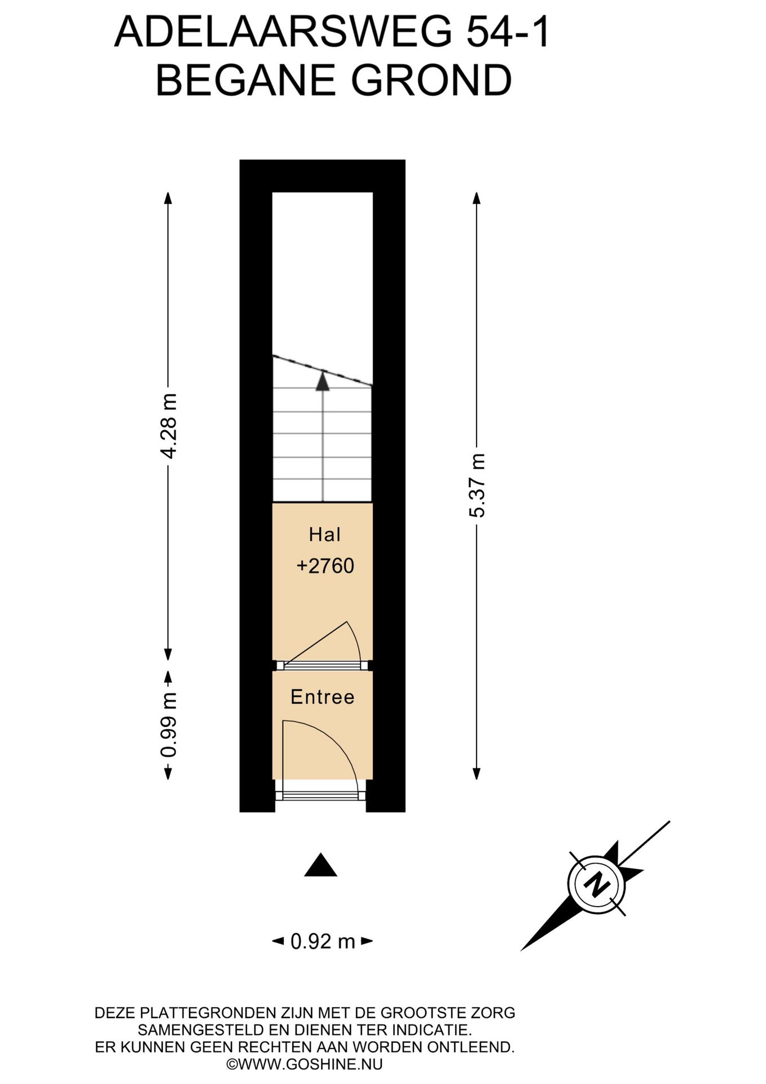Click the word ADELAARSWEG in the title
(x=283, y=33)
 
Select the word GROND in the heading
(x=432, y=80)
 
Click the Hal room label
(x=324, y=534)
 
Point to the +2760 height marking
(x=325, y=566)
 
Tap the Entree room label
(x=323, y=697)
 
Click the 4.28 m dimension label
(x=168, y=426)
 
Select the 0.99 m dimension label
(x=168, y=724)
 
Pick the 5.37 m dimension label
(x=477, y=486)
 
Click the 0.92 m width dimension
(x=323, y=941)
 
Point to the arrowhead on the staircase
(x=322, y=381)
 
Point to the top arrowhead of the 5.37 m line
(x=477, y=198)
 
